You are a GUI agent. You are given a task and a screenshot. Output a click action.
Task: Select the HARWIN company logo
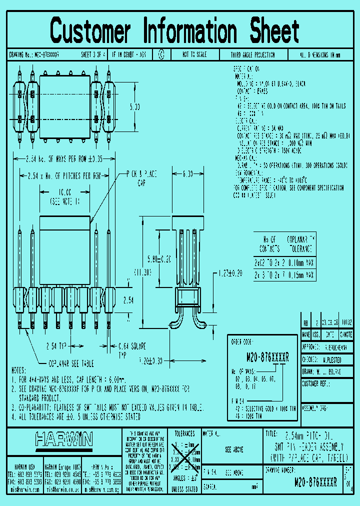click(64, 440)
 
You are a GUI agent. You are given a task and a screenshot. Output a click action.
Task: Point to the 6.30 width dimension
click(188, 174)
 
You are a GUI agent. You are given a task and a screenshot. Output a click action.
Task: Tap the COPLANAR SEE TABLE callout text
click(70, 363)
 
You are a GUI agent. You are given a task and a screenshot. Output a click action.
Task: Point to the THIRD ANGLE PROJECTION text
click(252, 54)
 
